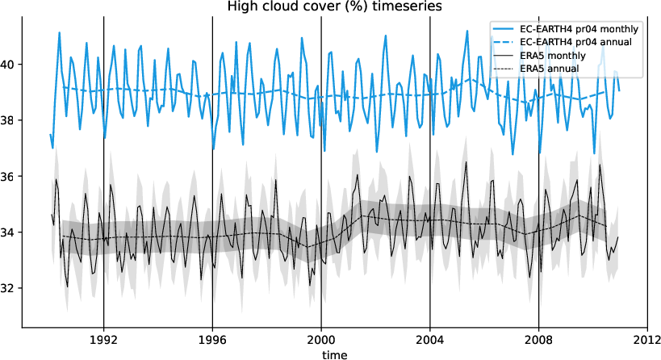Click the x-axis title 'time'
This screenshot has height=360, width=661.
tap(333, 354)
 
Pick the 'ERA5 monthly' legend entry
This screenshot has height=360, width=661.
tap(553, 56)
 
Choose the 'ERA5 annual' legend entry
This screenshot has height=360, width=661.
tap(550, 69)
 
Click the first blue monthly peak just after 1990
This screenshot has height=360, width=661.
tap(59, 32)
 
